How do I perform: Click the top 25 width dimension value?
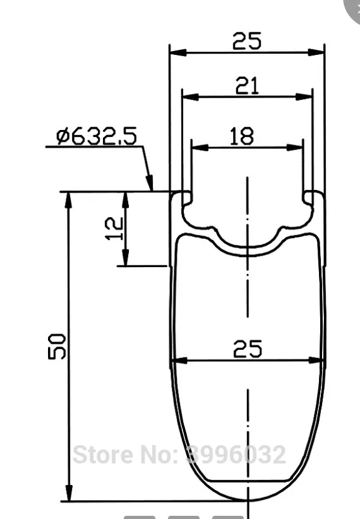click(x=247, y=40)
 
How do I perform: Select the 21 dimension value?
click(x=247, y=86)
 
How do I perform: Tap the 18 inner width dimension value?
click(x=242, y=136)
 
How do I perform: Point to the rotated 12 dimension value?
click(x=114, y=229)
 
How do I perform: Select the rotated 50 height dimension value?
click(x=57, y=347)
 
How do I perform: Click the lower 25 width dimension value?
click(x=248, y=349)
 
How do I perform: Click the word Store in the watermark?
click(x=103, y=455)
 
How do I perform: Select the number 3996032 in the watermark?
click(x=236, y=455)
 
